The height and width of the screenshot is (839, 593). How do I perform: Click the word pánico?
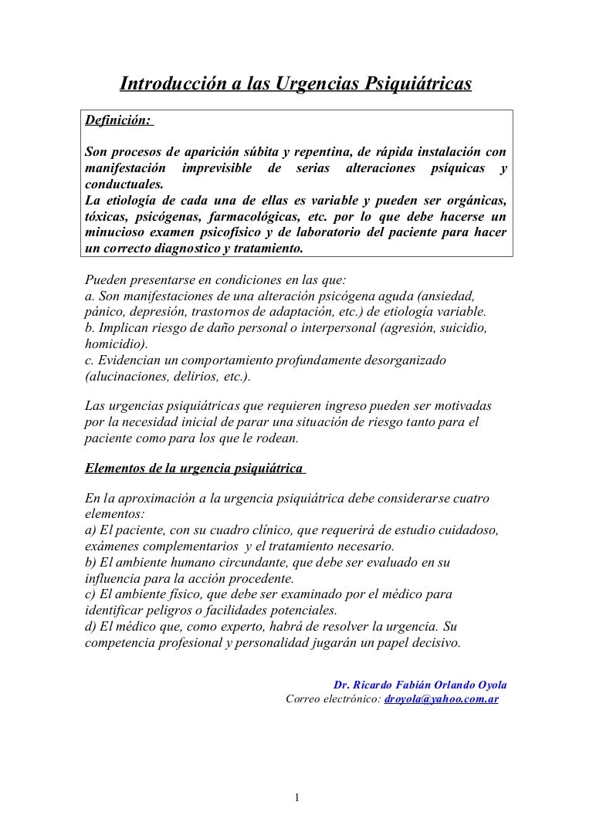(x=100, y=313)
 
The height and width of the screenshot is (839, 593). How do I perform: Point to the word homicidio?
(x=114, y=345)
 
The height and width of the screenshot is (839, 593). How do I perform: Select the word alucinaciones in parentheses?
(x=124, y=377)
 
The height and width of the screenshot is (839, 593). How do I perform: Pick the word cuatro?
(x=471, y=498)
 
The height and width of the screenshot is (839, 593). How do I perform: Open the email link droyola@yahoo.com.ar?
(x=441, y=699)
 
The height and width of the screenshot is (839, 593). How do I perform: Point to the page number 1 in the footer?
(x=296, y=798)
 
